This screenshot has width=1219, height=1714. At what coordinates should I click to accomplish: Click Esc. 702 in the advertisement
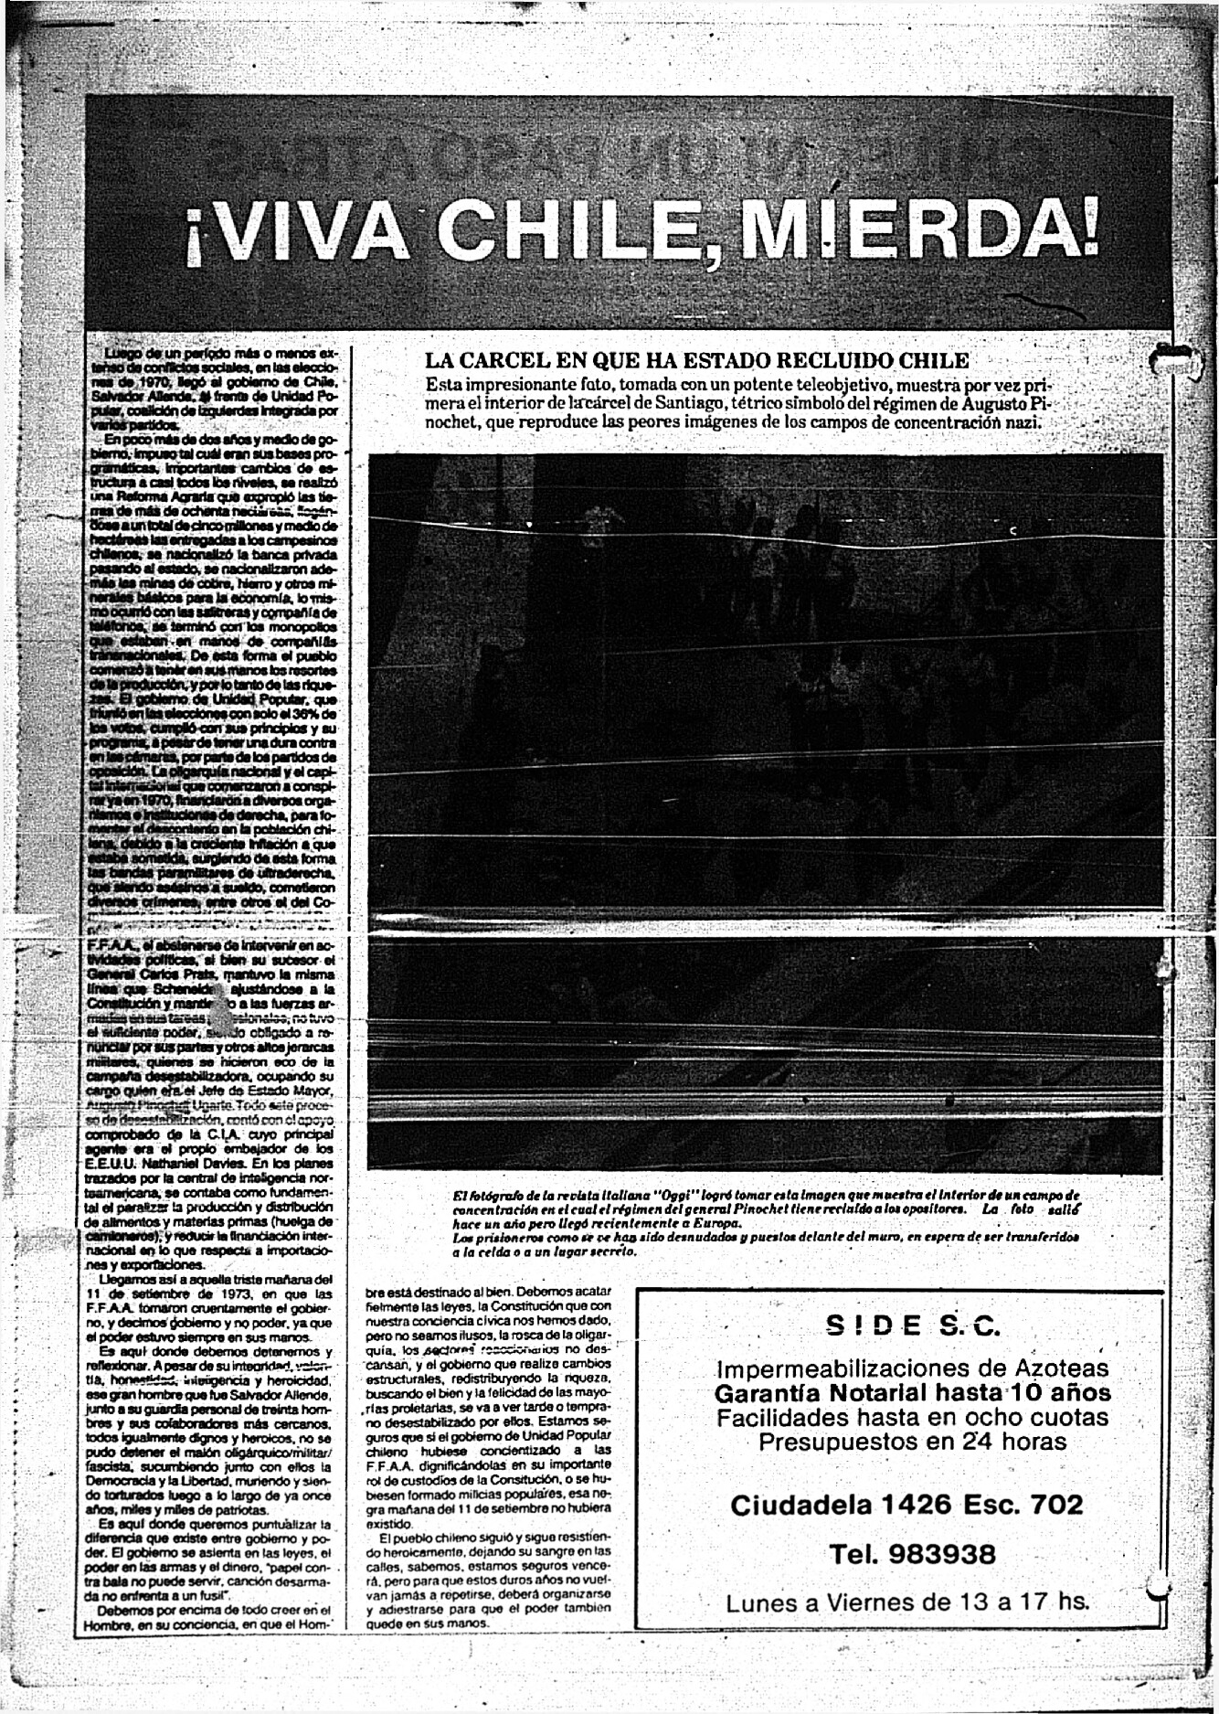tap(1031, 1505)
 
